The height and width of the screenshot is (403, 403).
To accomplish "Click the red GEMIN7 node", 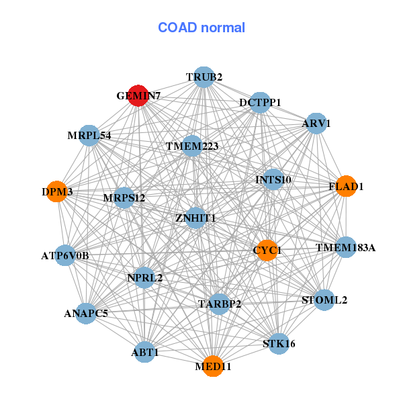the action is click(x=138, y=95).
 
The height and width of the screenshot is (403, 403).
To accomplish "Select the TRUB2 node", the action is click(x=204, y=77).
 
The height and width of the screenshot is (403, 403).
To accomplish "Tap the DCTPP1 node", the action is click(x=260, y=103).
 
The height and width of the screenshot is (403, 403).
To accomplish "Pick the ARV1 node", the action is click(x=316, y=124).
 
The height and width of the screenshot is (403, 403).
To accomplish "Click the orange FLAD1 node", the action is click(x=346, y=186).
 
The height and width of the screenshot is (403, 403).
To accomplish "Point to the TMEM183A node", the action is click(x=346, y=247).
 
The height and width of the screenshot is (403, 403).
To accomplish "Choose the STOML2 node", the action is click(x=324, y=300).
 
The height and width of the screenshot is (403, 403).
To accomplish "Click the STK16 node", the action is click(x=279, y=344).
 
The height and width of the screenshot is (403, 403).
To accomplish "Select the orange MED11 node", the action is click(x=213, y=366).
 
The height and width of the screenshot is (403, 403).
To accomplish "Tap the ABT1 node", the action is click(x=144, y=352).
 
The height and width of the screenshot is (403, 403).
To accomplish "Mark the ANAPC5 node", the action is click(x=86, y=313).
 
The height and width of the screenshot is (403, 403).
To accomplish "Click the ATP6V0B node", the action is click(x=65, y=255).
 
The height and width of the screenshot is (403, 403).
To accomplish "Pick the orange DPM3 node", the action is click(x=57, y=191).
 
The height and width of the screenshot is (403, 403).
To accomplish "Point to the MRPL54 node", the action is click(x=89, y=136).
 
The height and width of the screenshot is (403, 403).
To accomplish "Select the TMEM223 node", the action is click(x=192, y=146).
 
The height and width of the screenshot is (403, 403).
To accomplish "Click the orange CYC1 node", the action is click(x=267, y=251).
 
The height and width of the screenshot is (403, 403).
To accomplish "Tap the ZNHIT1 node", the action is click(x=195, y=218).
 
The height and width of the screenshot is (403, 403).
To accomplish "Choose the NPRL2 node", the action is click(x=144, y=277).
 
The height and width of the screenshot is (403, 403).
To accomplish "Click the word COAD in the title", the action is click(x=177, y=28).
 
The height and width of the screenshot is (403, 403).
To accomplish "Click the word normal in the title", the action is click(x=223, y=28).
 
